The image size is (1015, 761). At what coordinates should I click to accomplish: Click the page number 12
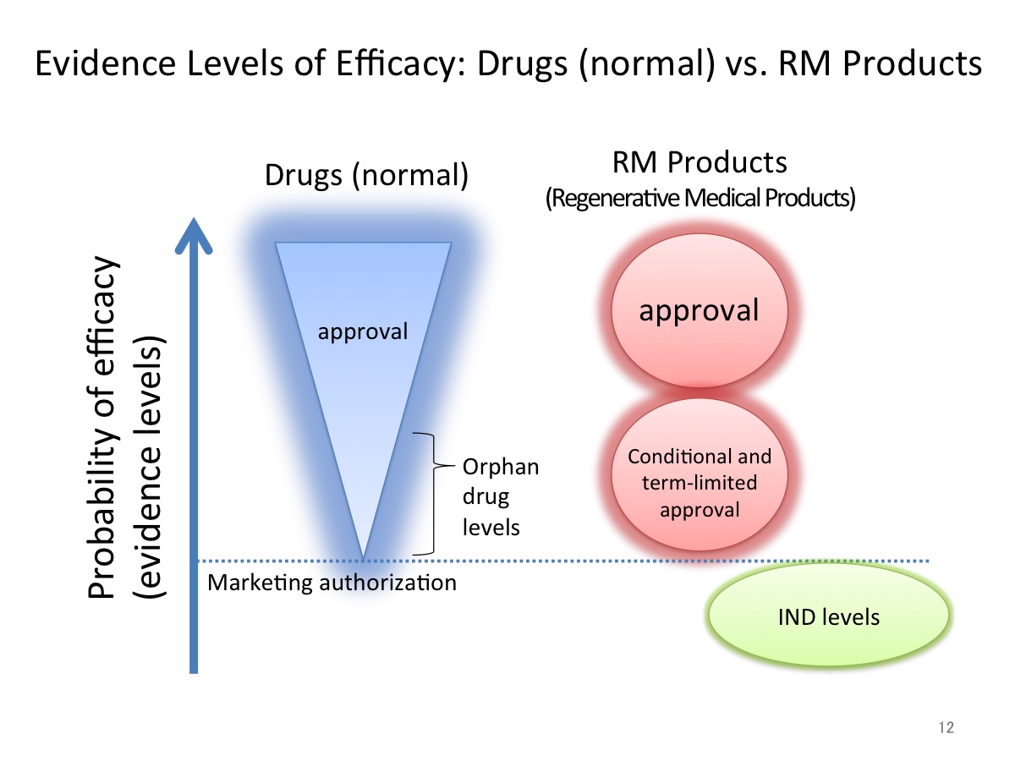[x=946, y=727]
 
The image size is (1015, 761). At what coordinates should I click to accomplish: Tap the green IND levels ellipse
[x=829, y=615]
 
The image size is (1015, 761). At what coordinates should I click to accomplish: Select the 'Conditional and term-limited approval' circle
[x=700, y=474]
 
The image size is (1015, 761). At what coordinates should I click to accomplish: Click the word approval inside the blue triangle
[x=363, y=331]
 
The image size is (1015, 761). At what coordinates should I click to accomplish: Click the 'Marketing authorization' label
[x=332, y=583]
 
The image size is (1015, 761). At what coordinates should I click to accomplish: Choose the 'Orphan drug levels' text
[x=501, y=496]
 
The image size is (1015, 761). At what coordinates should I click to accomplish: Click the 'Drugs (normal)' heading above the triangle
[x=366, y=175]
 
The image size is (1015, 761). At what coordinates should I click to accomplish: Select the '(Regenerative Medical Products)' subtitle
[x=700, y=198]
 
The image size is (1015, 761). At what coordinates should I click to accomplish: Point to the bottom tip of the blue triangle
[x=364, y=560]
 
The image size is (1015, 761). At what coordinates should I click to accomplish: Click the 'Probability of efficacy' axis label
[x=101, y=428]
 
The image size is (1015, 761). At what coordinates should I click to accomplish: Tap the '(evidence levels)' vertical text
[x=148, y=467]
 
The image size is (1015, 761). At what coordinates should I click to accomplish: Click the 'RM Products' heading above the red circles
[x=700, y=162]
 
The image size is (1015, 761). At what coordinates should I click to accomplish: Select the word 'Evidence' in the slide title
[x=106, y=63]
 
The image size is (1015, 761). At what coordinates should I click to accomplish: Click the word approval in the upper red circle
[x=699, y=311]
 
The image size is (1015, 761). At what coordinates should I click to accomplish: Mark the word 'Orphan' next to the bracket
[x=501, y=468]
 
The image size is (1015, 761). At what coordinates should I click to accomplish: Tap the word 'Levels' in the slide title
[x=235, y=63]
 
